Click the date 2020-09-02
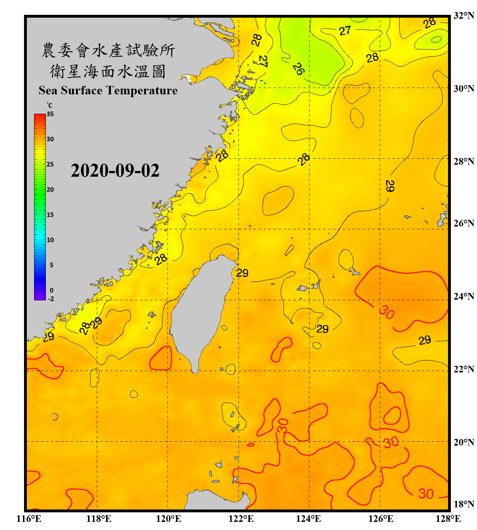115,171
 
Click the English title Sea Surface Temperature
108,90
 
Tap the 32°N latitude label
464,16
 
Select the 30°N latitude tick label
464,88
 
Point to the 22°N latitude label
464,369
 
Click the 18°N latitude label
464,504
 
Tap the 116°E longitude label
29,519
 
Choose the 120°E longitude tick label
169,519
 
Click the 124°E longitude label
308,519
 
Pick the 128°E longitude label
448,519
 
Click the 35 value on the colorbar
50,114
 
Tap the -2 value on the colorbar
51,299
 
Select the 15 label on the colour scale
50,215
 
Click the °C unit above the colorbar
49,105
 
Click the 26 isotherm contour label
298,69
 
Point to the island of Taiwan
200,311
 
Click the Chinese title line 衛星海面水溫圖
108,71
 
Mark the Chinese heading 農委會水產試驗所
108,51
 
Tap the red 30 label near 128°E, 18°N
426,494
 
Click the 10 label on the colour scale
50,240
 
